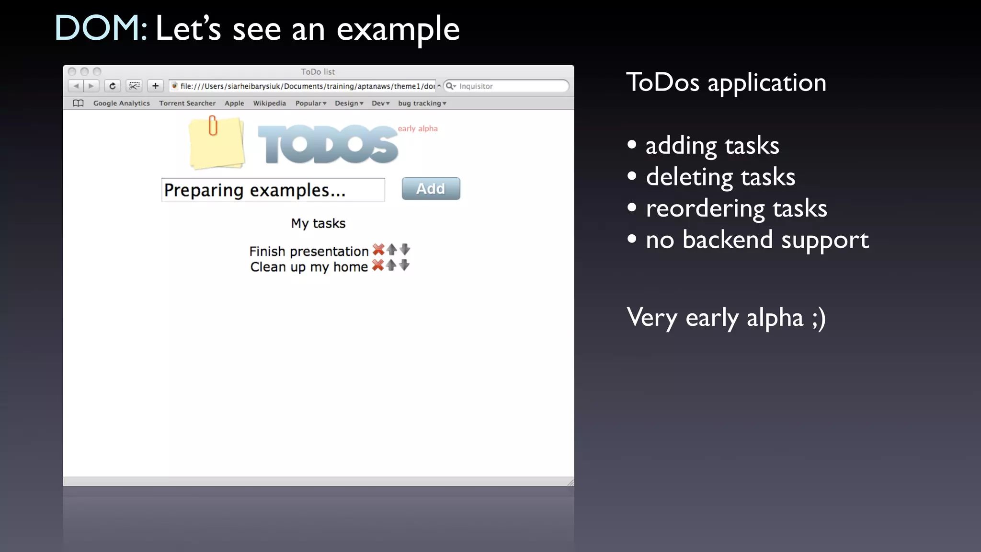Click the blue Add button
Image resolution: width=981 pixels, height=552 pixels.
(431, 189)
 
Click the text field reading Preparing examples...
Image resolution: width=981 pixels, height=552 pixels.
(273, 190)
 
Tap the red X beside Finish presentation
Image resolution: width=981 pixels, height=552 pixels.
(378, 250)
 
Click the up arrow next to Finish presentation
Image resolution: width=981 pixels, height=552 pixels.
(392, 249)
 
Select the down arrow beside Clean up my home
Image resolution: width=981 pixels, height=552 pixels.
(404, 265)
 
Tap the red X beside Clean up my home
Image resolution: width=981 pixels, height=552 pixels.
(377, 265)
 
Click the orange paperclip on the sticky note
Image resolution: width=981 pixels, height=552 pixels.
(213, 126)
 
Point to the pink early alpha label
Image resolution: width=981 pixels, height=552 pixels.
(418, 128)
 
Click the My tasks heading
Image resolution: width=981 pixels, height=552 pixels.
(318, 223)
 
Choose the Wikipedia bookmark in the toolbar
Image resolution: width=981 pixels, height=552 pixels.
(269, 103)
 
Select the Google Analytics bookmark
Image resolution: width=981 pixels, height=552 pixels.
(121, 103)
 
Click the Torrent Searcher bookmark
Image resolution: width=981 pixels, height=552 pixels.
(187, 103)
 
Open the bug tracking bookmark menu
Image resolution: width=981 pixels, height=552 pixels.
(422, 103)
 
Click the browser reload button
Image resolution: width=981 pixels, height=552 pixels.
(113, 86)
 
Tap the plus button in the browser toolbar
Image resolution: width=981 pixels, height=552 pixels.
(155, 86)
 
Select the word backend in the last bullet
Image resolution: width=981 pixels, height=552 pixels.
(728, 240)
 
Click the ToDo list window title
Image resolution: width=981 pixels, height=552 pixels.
(318, 72)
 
